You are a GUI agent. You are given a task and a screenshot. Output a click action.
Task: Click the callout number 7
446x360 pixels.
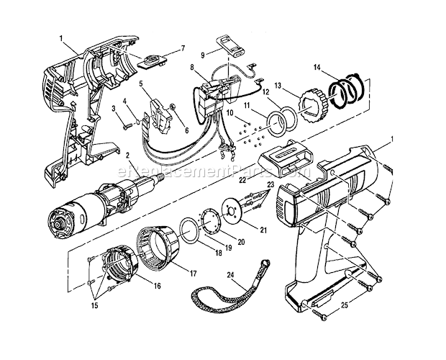[183, 48]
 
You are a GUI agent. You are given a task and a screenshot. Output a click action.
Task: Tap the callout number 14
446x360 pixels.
[317, 68]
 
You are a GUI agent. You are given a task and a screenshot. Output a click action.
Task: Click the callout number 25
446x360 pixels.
[345, 305]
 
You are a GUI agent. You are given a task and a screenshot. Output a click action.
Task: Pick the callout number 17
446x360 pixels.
[193, 274]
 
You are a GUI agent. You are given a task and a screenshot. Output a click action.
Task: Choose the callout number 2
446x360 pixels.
[128, 156]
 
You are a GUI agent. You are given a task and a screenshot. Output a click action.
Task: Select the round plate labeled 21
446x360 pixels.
[232, 212]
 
